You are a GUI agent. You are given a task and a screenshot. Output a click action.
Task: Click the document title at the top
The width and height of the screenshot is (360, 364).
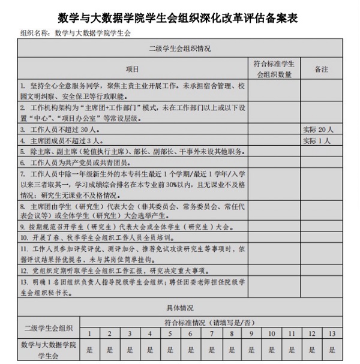(x=179, y=17)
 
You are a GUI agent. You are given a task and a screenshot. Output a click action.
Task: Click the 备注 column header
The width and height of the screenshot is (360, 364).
(x=322, y=69)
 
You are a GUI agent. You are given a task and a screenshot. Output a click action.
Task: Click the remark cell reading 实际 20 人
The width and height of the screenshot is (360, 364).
(x=322, y=128)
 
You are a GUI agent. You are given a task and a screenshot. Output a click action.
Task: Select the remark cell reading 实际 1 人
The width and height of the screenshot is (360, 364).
(x=322, y=140)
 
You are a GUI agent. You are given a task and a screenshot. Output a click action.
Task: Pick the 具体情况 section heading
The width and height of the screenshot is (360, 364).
(x=179, y=308)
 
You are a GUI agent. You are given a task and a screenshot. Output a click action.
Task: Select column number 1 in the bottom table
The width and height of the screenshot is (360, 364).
(x=89, y=333)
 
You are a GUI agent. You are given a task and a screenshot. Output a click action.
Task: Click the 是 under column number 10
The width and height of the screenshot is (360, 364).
(x=272, y=350)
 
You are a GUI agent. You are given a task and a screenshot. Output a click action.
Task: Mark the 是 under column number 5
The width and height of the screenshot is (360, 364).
(x=170, y=350)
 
